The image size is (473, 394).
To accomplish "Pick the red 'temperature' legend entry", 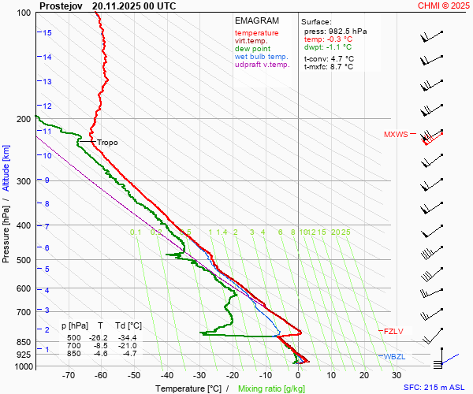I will click(x=256, y=33).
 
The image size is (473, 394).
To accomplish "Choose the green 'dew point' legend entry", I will click(x=252, y=49).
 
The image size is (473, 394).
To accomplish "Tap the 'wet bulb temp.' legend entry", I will click(x=262, y=57).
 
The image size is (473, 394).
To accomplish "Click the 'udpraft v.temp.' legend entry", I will click(x=263, y=65).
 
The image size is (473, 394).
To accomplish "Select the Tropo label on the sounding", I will click(x=107, y=143).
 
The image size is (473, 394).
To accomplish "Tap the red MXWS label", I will click(x=396, y=134).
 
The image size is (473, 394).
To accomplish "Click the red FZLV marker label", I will click(x=393, y=332).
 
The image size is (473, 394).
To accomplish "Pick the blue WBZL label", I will click(x=394, y=357).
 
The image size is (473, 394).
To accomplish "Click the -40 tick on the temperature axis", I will click(x=167, y=376).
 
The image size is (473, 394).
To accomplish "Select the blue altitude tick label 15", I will click(x=47, y=32).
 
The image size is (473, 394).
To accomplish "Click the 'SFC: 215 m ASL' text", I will click(x=435, y=388).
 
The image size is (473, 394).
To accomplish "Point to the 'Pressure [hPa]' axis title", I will click(x=6, y=229).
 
